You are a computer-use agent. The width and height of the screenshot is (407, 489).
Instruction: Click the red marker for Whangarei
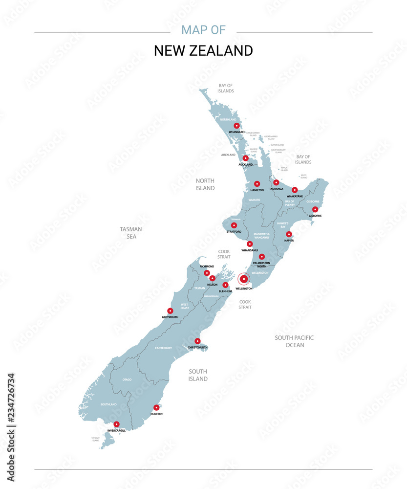pyautogui.click(x=236, y=126)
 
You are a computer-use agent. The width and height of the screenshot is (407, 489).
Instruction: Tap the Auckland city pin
pyautogui.click(x=246, y=158)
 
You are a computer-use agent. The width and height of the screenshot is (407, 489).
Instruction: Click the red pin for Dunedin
pyautogui.click(x=156, y=407)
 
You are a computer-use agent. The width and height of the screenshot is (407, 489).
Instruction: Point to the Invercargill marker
pyautogui.click(x=116, y=424)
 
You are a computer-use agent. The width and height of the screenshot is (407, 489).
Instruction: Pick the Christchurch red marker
pyautogui.click(x=197, y=341)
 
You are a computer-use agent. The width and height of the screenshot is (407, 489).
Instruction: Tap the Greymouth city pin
pyautogui.click(x=170, y=311)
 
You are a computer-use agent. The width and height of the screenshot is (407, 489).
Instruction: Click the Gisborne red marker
pyautogui.click(x=315, y=209)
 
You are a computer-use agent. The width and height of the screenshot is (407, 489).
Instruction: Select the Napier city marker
pyautogui.click(x=289, y=234)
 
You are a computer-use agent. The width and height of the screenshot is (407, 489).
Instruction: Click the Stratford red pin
pyautogui.click(x=234, y=225)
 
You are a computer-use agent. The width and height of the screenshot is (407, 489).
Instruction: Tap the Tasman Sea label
pyautogui.click(x=131, y=233)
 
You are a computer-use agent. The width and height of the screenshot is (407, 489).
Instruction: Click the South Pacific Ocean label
pyautogui.click(x=294, y=341)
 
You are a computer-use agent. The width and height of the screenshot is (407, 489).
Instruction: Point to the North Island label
pyautogui.click(x=205, y=184)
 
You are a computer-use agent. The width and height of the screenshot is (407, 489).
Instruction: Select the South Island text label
pyautogui.click(x=198, y=375)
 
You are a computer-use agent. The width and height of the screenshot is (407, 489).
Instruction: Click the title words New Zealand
pyautogui.click(x=203, y=51)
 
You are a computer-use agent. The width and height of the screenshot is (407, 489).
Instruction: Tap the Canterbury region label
pyautogui.click(x=164, y=348)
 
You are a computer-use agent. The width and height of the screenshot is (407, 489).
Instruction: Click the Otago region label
pyautogui.click(x=127, y=379)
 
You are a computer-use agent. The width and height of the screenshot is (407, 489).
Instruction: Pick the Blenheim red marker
pyautogui.click(x=225, y=285)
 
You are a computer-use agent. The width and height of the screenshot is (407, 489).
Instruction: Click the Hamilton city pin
pyautogui.click(x=257, y=184)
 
